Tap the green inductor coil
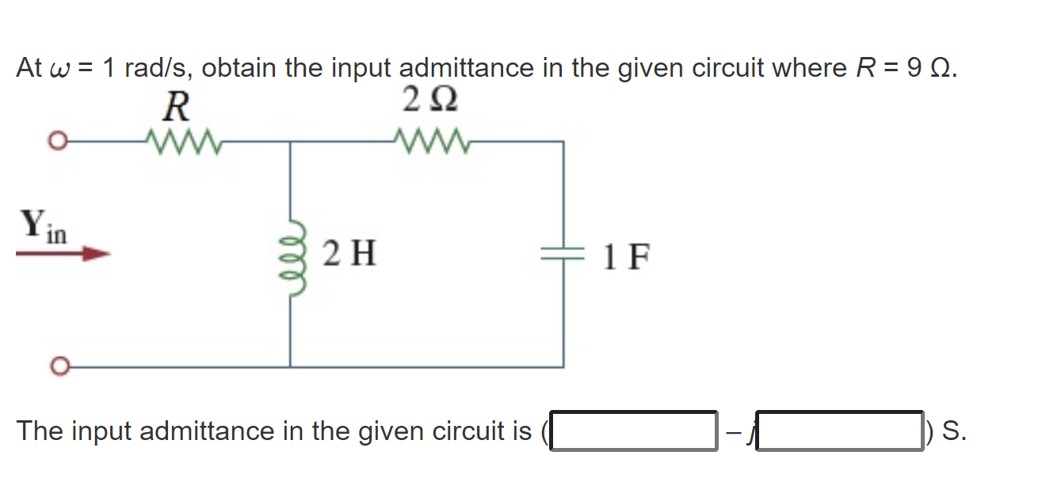pyautogui.click(x=290, y=256)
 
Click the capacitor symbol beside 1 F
pyautogui.click(x=563, y=254)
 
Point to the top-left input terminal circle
pyautogui.click(x=55, y=143)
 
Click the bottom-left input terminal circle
pyautogui.click(x=55, y=366)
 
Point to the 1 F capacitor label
pyautogui.click(x=626, y=256)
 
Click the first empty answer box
pyautogui.click(x=634, y=431)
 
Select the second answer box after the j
pyautogui.click(x=840, y=431)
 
